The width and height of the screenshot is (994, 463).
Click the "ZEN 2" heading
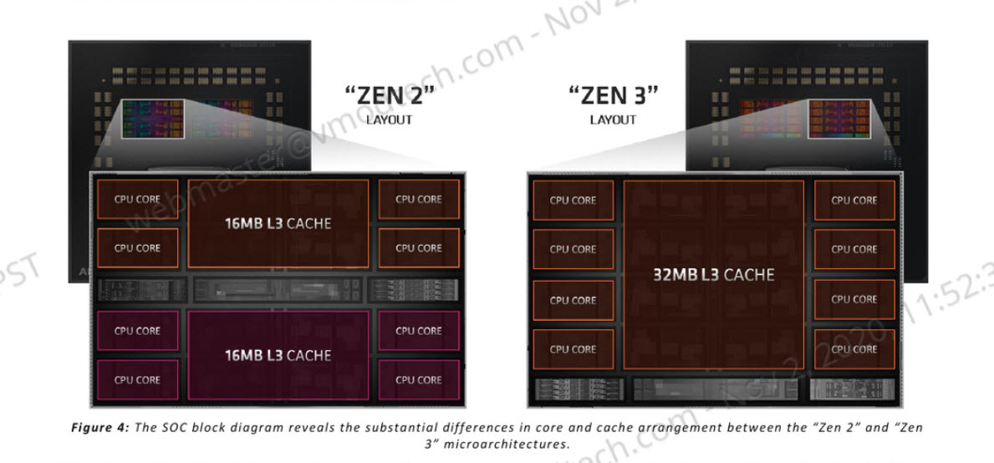click(391, 94)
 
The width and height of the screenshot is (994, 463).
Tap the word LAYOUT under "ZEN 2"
click(389, 120)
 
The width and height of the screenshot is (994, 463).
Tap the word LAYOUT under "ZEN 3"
click(613, 120)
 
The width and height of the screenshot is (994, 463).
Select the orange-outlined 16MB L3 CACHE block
click(278, 223)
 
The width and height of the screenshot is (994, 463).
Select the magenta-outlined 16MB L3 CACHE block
click(278, 355)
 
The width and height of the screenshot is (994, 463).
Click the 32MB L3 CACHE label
click(713, 274)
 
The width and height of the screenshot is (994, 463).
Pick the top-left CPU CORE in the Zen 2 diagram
click(137, 200)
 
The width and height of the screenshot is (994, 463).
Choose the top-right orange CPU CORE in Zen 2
click(418, 200)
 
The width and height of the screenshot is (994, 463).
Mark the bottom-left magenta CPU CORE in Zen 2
click(137, 379)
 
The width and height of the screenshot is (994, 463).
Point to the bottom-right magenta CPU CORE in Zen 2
click(418, 379)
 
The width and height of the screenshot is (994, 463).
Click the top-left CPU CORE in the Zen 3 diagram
click(573, 201)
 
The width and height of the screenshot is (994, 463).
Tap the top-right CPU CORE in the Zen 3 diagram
click(854, 201)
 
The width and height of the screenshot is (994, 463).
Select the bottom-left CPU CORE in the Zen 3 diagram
click(573, 349)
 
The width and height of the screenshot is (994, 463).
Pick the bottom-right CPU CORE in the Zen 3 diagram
click(854, 349)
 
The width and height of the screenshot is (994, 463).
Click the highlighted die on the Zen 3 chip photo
click(839, 118)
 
